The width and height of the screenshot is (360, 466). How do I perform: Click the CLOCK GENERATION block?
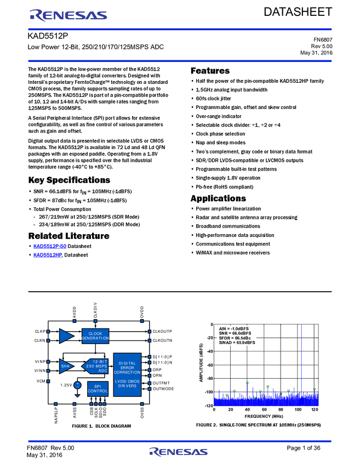(x=95, y=336)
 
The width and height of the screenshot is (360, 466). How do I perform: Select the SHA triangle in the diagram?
(x=66, y=366)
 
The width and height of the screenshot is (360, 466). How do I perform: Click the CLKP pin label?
(x=40, y=332)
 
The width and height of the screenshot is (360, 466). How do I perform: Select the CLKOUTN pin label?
(x=162, y=340)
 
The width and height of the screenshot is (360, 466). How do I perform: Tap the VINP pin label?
(x=40, y=361)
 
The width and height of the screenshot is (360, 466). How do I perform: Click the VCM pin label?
(x=41, y=380)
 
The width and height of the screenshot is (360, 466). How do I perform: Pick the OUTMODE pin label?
(x=163, y=389)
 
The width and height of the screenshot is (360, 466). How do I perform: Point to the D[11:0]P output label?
(x=162, y=357)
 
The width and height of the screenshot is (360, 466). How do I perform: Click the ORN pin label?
(x=157, y=376)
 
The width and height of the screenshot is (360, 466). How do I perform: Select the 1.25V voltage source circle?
(x=77, y=385)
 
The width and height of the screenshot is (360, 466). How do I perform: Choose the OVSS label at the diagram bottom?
(x=142, y=413)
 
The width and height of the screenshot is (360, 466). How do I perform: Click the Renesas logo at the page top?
(x=68, y=15)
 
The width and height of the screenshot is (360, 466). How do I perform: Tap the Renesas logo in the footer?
(x=179, y=452)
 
